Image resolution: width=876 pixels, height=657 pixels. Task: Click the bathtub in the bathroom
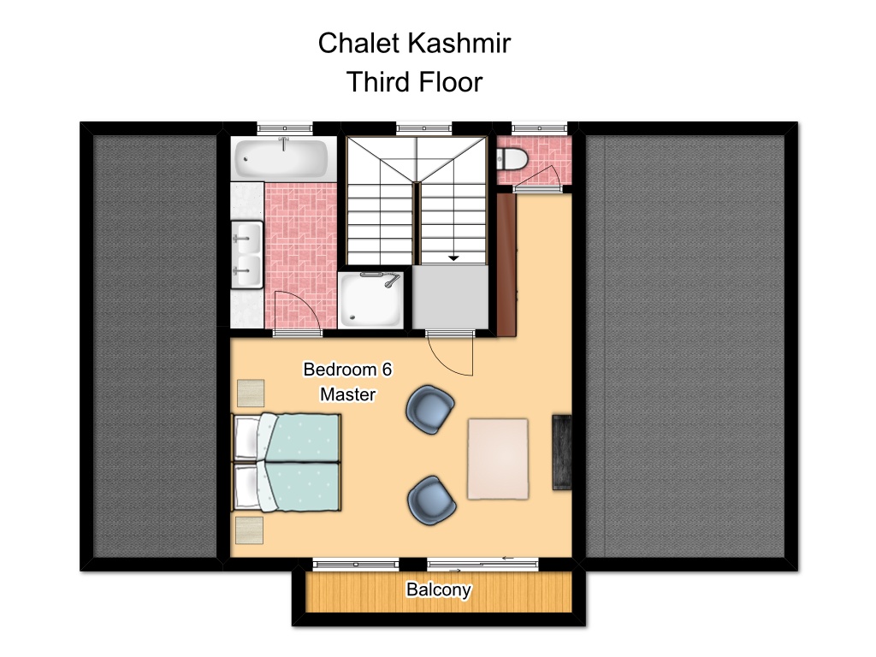tap(281, 158)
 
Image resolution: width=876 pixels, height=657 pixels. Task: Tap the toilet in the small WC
tap(512, 158)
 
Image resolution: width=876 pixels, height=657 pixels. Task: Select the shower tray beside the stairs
tap(371, 300)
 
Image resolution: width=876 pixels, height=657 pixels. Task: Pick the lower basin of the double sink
tap(247, 271)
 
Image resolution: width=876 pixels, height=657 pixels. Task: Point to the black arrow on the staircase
tap(453, 258)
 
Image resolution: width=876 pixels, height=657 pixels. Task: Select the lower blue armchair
tap(431, 500)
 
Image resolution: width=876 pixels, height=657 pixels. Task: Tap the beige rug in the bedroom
tap(498, 459)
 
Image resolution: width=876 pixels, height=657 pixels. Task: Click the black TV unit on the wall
tap(562, 453)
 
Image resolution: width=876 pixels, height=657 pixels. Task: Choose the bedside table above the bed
tap(251, 394)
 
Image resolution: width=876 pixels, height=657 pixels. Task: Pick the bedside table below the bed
tap(249, 530)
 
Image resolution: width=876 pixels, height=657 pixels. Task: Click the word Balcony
tap(439, 590)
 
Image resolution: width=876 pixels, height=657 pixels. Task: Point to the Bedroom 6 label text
tap(347, 370)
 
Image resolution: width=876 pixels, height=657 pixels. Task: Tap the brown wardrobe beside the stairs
tap(506, 265)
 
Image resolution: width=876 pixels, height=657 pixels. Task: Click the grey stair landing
tap(450, 297)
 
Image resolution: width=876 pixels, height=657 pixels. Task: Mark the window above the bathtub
tap(284, 128)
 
